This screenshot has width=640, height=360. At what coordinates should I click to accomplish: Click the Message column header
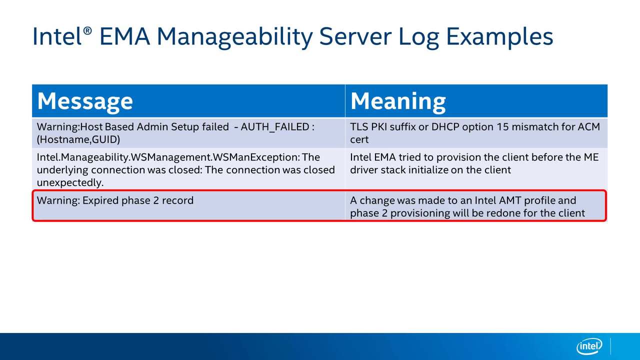[85, 101]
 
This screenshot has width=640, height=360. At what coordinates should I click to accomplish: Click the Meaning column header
[398, 101]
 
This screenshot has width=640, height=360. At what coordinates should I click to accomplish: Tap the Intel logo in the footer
[589, 346]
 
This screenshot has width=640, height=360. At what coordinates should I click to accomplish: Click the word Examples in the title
[499, 36]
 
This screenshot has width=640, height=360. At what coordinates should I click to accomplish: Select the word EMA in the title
[124, 36]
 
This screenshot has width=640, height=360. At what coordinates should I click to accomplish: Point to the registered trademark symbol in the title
[87, 31]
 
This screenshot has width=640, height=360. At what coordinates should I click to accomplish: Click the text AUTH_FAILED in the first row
[275, 127]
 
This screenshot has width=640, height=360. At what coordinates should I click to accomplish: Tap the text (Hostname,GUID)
[78, 139]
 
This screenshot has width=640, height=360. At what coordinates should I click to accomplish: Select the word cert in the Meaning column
[359, 140]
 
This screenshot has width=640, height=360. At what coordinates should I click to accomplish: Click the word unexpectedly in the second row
[70, 182]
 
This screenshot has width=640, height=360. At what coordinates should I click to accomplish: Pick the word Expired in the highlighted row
[100, 200]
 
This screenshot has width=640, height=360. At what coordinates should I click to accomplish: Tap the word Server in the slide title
[355, 36]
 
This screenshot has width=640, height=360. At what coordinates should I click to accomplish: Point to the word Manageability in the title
[235, 37]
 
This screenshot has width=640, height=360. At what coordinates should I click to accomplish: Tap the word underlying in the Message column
[62, 170]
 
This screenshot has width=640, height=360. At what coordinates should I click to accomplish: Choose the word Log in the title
[418, 37]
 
